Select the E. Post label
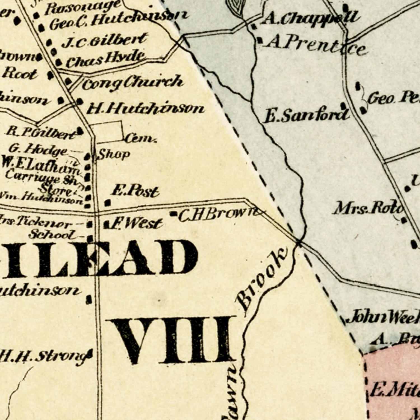pyautogui.click(x=135, y=192)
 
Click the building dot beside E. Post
pyautogui.click(x=108, y=202)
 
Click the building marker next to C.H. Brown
pyautogui.click(x=174, y=214)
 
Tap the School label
pyautogui.click(x=52, y=234)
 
